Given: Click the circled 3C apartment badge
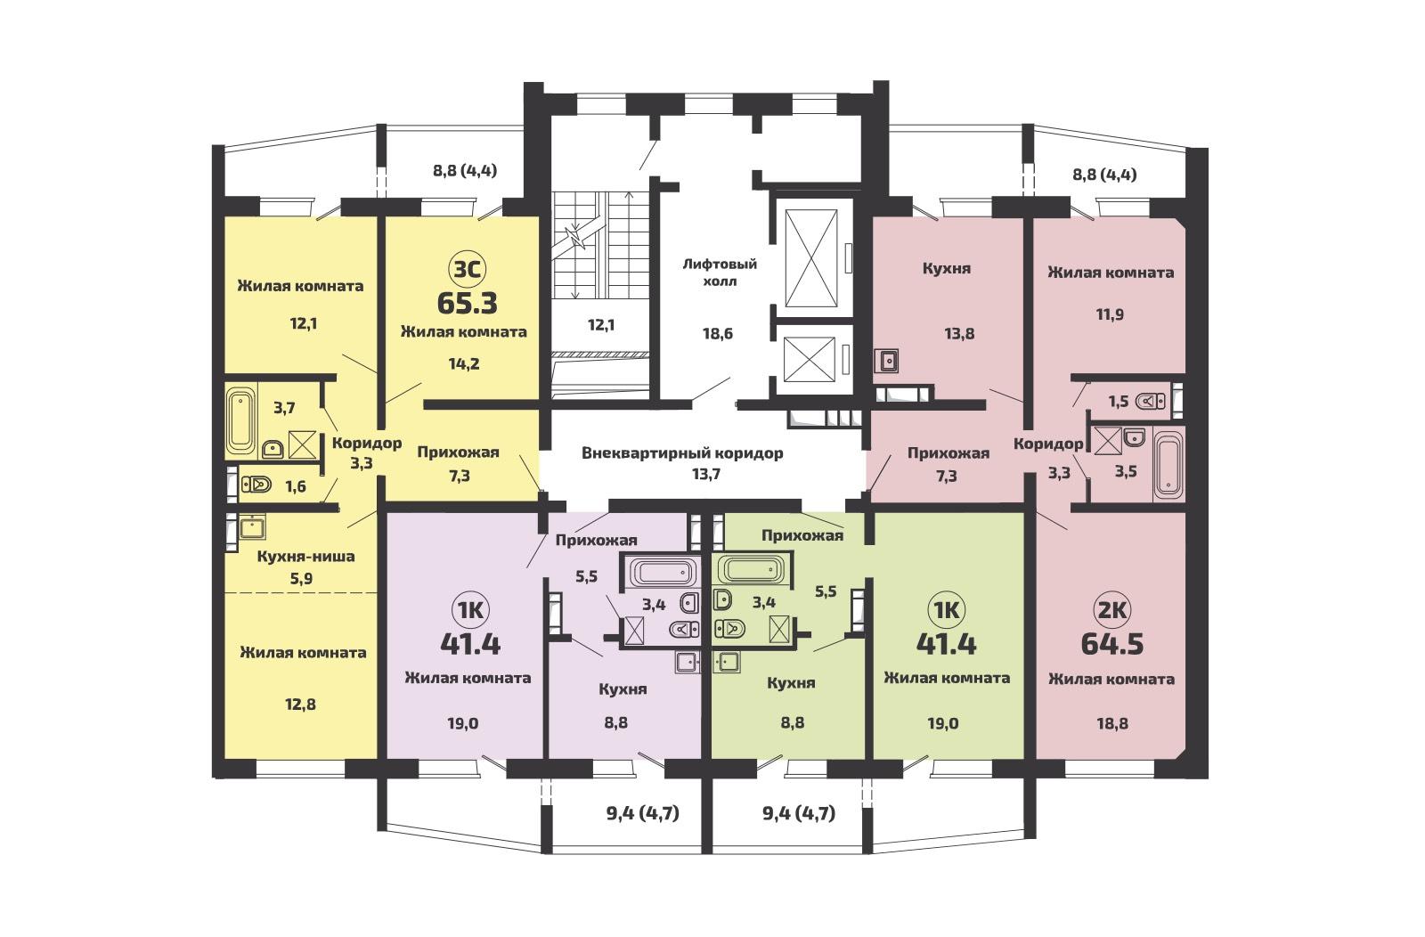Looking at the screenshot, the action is click(x=467, y=270).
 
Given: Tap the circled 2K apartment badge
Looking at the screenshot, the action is click(x=1111, y=611).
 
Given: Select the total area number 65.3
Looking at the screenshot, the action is click(x=467, y=304).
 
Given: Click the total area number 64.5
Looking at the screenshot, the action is click(x=1112, y=644).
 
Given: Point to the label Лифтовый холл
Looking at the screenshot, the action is click(x=720, y=273).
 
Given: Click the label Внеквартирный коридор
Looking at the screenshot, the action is click(x=682, y=453).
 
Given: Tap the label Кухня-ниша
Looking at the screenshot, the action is click(x=306, y=557).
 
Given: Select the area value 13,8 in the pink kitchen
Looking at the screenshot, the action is click(x=958, y=333).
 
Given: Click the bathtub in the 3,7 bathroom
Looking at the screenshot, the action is click(x=240, y=420).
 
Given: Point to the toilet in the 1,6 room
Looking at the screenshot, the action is click(x=256, y=485).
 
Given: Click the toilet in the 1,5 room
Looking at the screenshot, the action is click(x=1150, y=402).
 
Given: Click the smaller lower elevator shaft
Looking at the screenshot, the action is click(x=809, y=360).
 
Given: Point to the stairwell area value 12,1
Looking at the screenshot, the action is click(x=600, y=325).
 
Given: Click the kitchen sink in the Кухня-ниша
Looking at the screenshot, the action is click(x=252, y=527).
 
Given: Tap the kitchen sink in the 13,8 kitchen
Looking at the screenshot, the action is click(x=885, y=361).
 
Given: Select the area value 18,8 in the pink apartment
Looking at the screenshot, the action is click(x=1112, y=723).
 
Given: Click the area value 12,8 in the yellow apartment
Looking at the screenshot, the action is click(x=300, y=705).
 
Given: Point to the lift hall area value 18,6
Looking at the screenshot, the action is click(x=718, y=333).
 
